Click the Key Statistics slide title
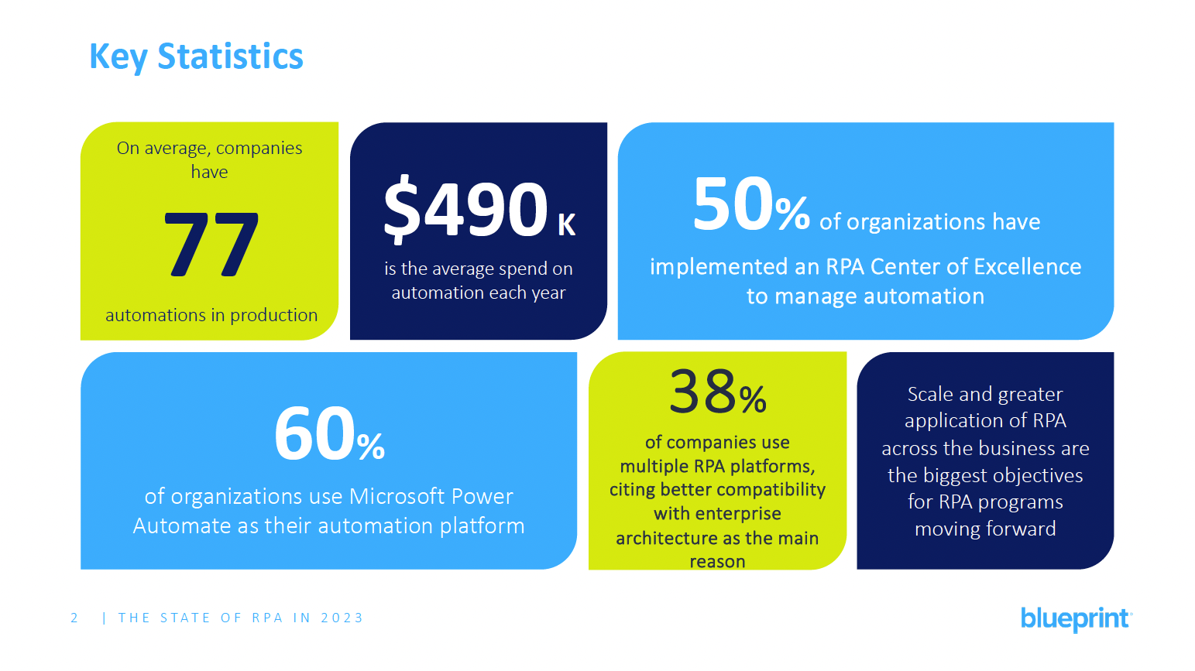(196, 56)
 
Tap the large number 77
(211, 245)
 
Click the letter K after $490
(567, 225)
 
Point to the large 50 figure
(733, 205)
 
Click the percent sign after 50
(792, 214)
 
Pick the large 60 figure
(314, 435)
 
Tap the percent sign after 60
(371, 447)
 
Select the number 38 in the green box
(702, 392)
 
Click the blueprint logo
(1075, 618)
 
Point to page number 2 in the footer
(74, 618)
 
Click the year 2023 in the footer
(342, 618)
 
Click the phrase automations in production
(211, 315)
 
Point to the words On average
(162, 149)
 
